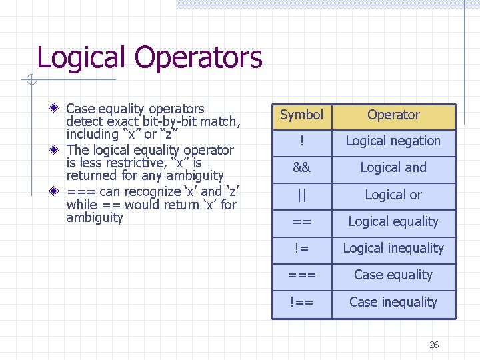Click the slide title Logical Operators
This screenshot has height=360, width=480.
[x=149, y=57]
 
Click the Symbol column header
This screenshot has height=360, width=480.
[x=301, y=115]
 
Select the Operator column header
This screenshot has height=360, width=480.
[x=393, y=115]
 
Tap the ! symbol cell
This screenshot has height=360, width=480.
[x=301, y=141]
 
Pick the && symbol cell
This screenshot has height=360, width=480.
[x=301, y=168]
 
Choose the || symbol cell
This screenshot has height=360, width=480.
[x=301, y=195]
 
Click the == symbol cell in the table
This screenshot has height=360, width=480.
[x=301, y=222]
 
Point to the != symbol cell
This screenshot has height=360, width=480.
[x=301, y=249]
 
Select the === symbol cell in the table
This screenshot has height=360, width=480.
[x=301, y=275]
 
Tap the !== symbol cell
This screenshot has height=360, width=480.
[x=301, y=303]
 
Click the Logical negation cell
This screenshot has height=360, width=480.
[x=393, y=141]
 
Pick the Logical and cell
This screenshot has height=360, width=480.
[x=393, y=168]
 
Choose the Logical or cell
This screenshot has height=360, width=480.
[x=393, y=195]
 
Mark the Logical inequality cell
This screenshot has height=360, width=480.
[x=393, y=249]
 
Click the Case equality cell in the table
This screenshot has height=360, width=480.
[x=393, y=275]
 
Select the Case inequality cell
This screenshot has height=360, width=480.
[x=393, y=303]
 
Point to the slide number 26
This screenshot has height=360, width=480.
[x=434, y=345]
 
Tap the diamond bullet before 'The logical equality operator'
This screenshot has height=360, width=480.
[x=58, y=150]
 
